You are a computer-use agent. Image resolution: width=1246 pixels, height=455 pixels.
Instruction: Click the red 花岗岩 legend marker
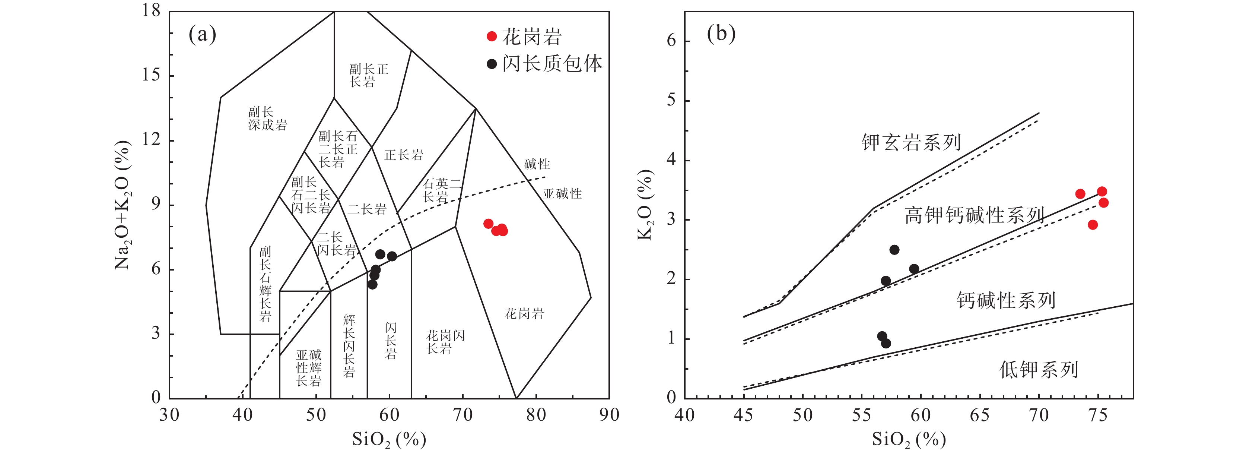point(492,36)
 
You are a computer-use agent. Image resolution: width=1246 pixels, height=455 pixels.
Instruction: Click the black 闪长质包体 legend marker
point(492,64)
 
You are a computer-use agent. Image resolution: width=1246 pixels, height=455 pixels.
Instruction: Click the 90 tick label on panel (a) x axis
point(609,415)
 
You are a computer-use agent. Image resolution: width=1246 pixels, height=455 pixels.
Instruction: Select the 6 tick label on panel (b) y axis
point(671,41)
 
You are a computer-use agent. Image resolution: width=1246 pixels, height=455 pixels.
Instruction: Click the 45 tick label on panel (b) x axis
point(743,415)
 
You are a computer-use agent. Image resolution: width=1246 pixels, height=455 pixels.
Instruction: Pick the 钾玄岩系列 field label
point(911,142)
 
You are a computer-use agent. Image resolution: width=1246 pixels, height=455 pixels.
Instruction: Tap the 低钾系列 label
point(1039,370)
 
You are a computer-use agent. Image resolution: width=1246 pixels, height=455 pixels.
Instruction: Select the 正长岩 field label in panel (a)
point(404,155)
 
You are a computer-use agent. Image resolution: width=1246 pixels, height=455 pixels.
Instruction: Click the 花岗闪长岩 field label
point(445,342)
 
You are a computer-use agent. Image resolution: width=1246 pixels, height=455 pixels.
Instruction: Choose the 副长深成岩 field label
point(267,119)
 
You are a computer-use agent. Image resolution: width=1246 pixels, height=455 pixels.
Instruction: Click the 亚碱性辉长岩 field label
point(309,368)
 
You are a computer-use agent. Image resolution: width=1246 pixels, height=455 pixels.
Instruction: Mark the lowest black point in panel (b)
point(886,344)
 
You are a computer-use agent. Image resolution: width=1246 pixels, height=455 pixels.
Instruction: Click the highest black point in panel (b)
point(894,250)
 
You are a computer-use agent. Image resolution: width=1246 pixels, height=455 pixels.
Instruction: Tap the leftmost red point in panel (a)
point(489,224)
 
